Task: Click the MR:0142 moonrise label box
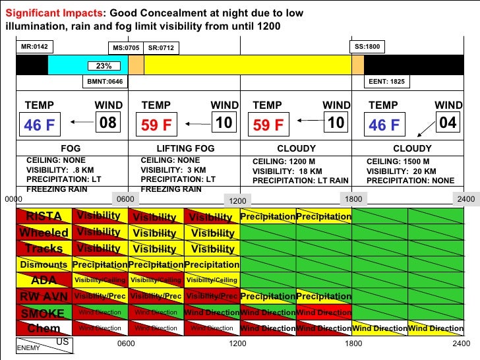coord(35,47)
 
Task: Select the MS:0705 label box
coord(125,48)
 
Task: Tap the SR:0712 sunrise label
coord(162,48)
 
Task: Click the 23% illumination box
coord(104,66)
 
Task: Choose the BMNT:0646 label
coord(105,82)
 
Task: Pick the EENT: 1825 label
coord(388,82)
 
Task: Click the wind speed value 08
coord(107,123)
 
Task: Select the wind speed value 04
coord(448,123)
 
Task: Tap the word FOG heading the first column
coord(71,148)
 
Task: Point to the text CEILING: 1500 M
coord(398,161)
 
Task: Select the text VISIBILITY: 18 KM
coord(288,170)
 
